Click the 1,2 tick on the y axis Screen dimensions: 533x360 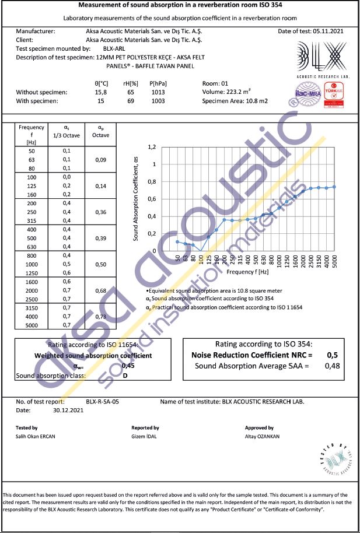(x=152, y=147)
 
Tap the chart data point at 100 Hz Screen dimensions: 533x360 (x=201, y=251)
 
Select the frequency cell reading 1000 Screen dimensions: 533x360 (x=32, y=264)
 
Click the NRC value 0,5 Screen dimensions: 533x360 (x=332, y=355)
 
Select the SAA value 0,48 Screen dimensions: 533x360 (x=331, y=366)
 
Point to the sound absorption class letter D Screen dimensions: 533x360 (x=124, y=376)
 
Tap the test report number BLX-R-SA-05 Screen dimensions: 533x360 (x=102, y=402)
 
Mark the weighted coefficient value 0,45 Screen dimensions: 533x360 (x=128, y=366)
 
